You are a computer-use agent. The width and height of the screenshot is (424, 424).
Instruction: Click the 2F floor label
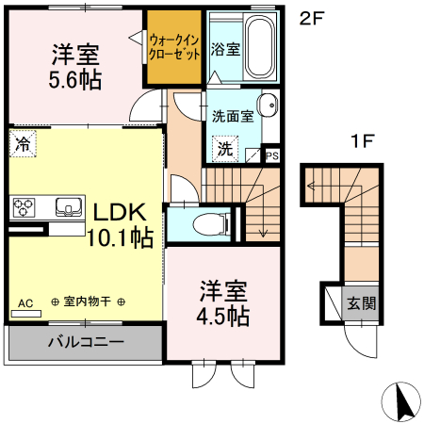pos(311,18)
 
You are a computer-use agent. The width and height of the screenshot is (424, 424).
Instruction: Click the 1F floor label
pos(363,142)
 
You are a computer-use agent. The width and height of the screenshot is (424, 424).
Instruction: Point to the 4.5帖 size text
pos(223,315)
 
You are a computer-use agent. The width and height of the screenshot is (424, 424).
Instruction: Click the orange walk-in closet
pos(173,47)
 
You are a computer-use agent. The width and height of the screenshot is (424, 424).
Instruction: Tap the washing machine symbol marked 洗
pos(226,148)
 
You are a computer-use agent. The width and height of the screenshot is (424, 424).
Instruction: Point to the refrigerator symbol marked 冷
pos(22,144)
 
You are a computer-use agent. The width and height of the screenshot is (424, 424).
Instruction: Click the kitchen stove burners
pos(24,207)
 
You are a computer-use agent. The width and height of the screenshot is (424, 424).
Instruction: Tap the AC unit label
pos(24,302)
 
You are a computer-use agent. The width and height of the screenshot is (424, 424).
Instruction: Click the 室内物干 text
pos(88,302)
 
